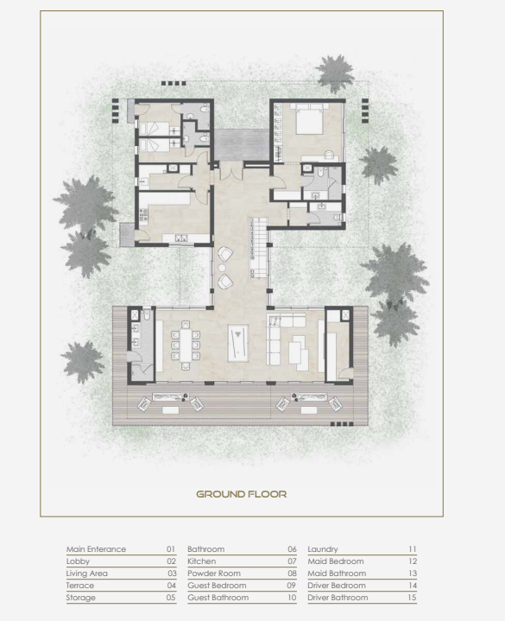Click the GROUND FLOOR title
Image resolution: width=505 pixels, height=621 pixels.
[x=242, y=494]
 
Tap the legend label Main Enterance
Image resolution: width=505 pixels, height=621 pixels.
[x=96, y=549]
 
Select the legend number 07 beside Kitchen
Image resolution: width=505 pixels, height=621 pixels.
[x=292, y=561]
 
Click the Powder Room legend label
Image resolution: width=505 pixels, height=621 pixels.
[x=214, y=573]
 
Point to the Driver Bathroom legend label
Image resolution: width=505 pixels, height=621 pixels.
[x=338, y=597]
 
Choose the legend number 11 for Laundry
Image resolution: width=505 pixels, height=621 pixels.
[x=413, y=549]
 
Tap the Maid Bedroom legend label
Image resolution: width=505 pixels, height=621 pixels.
[x=336, y=561]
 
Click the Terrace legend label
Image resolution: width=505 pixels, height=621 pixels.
[x=80, y=586]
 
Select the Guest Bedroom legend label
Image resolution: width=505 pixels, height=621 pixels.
[x=217, y=586]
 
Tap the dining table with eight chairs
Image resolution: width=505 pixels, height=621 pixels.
[x=186, y=345]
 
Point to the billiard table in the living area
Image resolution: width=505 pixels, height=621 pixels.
[x=238, y=343]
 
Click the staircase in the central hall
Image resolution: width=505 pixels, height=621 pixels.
[x=258, y=247]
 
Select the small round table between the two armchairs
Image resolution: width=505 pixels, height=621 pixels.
[x=222, y=268]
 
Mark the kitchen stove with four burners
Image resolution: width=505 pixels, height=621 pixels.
[x=143, y=215]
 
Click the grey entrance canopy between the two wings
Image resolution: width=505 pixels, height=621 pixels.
[x=242, y=144]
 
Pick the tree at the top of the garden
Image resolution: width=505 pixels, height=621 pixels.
[x=336, y=73]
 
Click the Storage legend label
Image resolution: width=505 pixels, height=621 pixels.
[x=81, y=597]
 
